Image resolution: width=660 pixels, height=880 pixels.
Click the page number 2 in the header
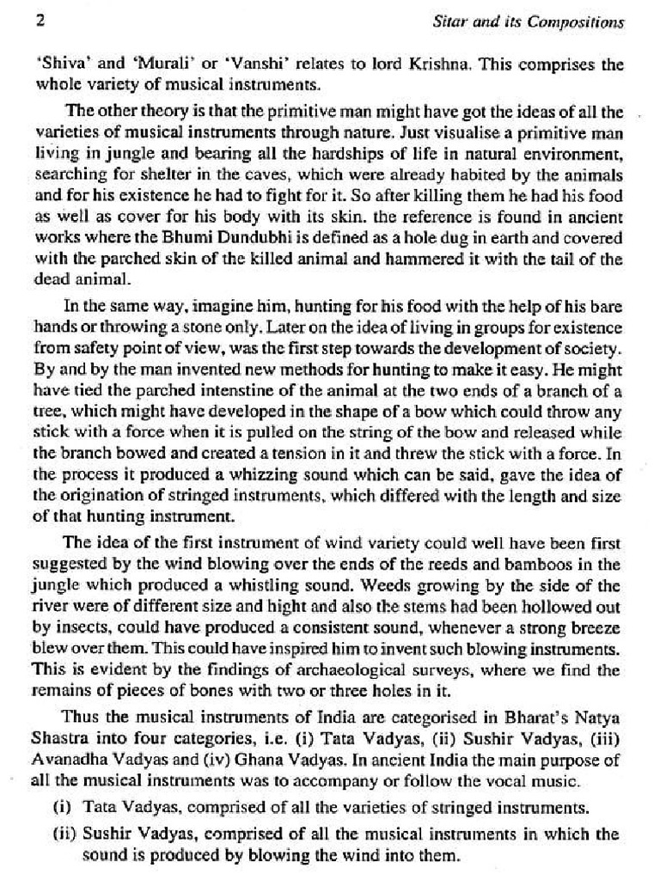[40, 21]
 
